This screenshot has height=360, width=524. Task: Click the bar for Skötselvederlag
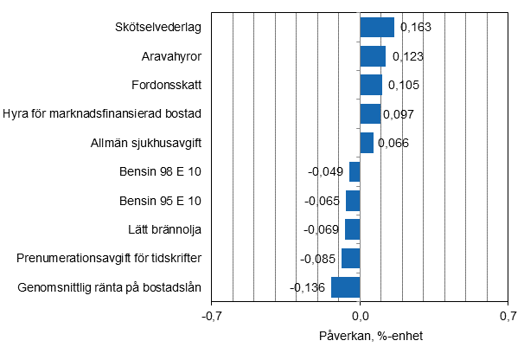377,28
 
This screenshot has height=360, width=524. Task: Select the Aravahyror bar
373,56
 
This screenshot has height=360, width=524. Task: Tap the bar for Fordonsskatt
371,85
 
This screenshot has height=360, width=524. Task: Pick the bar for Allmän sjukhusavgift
367,143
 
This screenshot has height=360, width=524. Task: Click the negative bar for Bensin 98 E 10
355,171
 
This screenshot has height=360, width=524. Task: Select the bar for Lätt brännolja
352,229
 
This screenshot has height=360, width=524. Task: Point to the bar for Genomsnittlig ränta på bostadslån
345,287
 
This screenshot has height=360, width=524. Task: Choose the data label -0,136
308,287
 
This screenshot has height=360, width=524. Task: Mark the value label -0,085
318,259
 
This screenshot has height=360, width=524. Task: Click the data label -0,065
323,201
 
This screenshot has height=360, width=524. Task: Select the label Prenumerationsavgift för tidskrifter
109,259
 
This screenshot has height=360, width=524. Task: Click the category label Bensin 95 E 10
160,201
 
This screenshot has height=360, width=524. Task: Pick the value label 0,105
404,85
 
